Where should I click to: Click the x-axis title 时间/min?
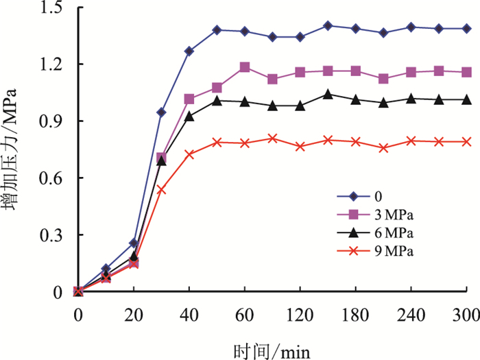pyautogui.click(x=272, y=350)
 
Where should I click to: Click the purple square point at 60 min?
pyautogui.click(x=245, y=67)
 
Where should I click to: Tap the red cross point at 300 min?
pyautogui.click(x=467, y=141)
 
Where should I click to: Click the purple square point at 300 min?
pyautogui.click(x=467, y=72)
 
